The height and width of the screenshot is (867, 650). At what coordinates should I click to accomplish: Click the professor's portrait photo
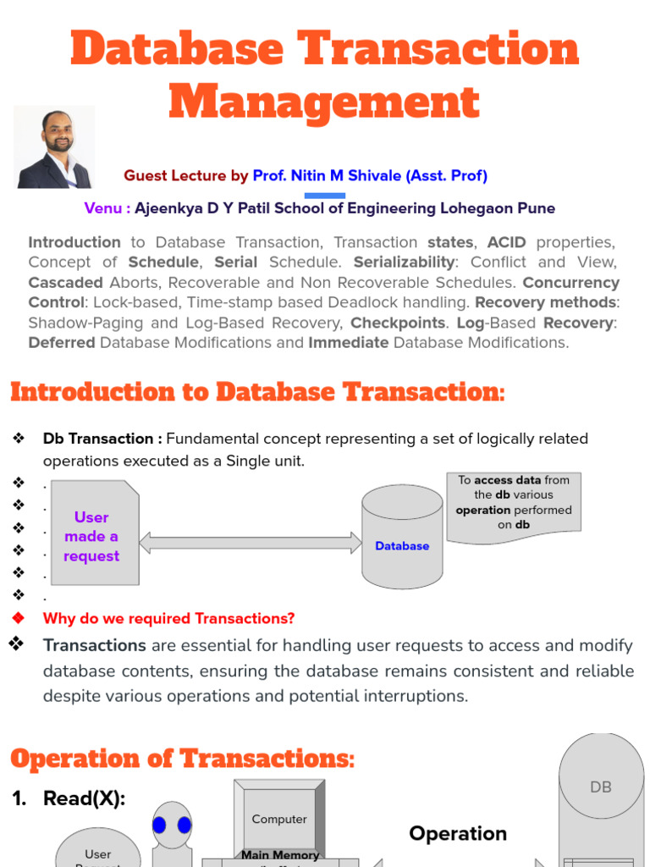pos(55,147)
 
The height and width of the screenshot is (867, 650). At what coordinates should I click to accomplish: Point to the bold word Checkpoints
pos(397,323)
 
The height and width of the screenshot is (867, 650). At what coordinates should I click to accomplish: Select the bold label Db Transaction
pos(102,439)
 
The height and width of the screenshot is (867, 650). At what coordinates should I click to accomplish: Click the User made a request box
pos(91,536)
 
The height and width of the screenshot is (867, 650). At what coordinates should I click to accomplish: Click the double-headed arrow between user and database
pos(251,543)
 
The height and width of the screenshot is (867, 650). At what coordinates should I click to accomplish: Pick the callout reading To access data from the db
pos(514,503)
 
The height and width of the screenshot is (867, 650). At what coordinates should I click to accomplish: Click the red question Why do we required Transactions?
pos(169,619)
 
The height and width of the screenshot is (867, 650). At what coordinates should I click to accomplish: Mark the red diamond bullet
pos(18,618)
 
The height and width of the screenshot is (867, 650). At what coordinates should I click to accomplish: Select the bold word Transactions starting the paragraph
pos(95,646)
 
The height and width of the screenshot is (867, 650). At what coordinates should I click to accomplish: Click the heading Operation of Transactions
pos(183,759)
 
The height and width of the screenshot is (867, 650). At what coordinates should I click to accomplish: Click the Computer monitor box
pos(279,819)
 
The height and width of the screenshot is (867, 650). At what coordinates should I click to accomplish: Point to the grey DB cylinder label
pos(600,787)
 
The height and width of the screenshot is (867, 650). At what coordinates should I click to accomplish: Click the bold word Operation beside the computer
pos(458,833)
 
